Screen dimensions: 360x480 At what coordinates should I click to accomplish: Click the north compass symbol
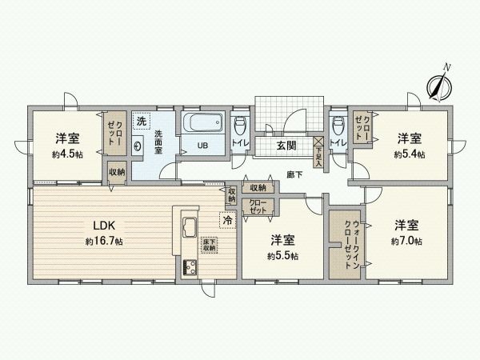tap(438, 84)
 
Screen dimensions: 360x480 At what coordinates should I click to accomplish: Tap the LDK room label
tap(104, 225)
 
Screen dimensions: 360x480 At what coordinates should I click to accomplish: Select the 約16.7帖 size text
tap(104, 241)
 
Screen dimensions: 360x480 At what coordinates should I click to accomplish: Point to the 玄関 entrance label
tap(286, 146)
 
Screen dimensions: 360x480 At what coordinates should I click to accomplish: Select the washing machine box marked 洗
tap(142, 122)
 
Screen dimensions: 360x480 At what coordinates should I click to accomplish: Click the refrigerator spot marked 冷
tap(228, 218)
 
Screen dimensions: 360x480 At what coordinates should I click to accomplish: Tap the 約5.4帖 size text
tap(410, 155)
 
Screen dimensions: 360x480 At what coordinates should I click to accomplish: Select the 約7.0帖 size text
tap(407, 241)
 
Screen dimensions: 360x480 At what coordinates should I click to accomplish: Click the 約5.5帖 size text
tap(283, 256)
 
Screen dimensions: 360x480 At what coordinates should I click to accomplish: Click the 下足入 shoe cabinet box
tap(318, 146)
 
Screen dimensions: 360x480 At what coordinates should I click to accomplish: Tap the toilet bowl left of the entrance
tap(239, 126)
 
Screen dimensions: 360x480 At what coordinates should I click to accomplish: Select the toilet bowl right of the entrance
tap(337, 126)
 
